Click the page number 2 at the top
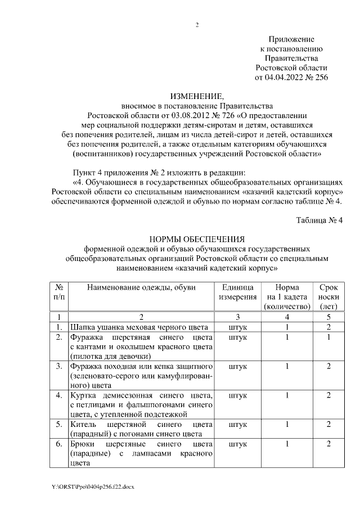(x=197, y=25)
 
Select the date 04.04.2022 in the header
(x=281, y=77)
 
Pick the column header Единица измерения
(x=238, y=292)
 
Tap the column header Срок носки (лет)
(x=328, y=296)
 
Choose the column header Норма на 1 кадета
(x=287, y=292)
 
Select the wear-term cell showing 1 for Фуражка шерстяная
(x=328, y=337)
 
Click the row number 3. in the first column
(x=58, y=367)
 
